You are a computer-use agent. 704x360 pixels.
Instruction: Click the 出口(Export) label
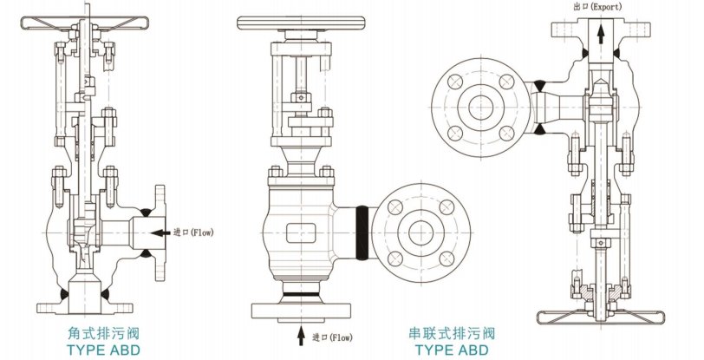click(x=598, y=6)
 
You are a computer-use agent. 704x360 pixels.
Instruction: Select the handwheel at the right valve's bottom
click(x=598, y=313)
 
